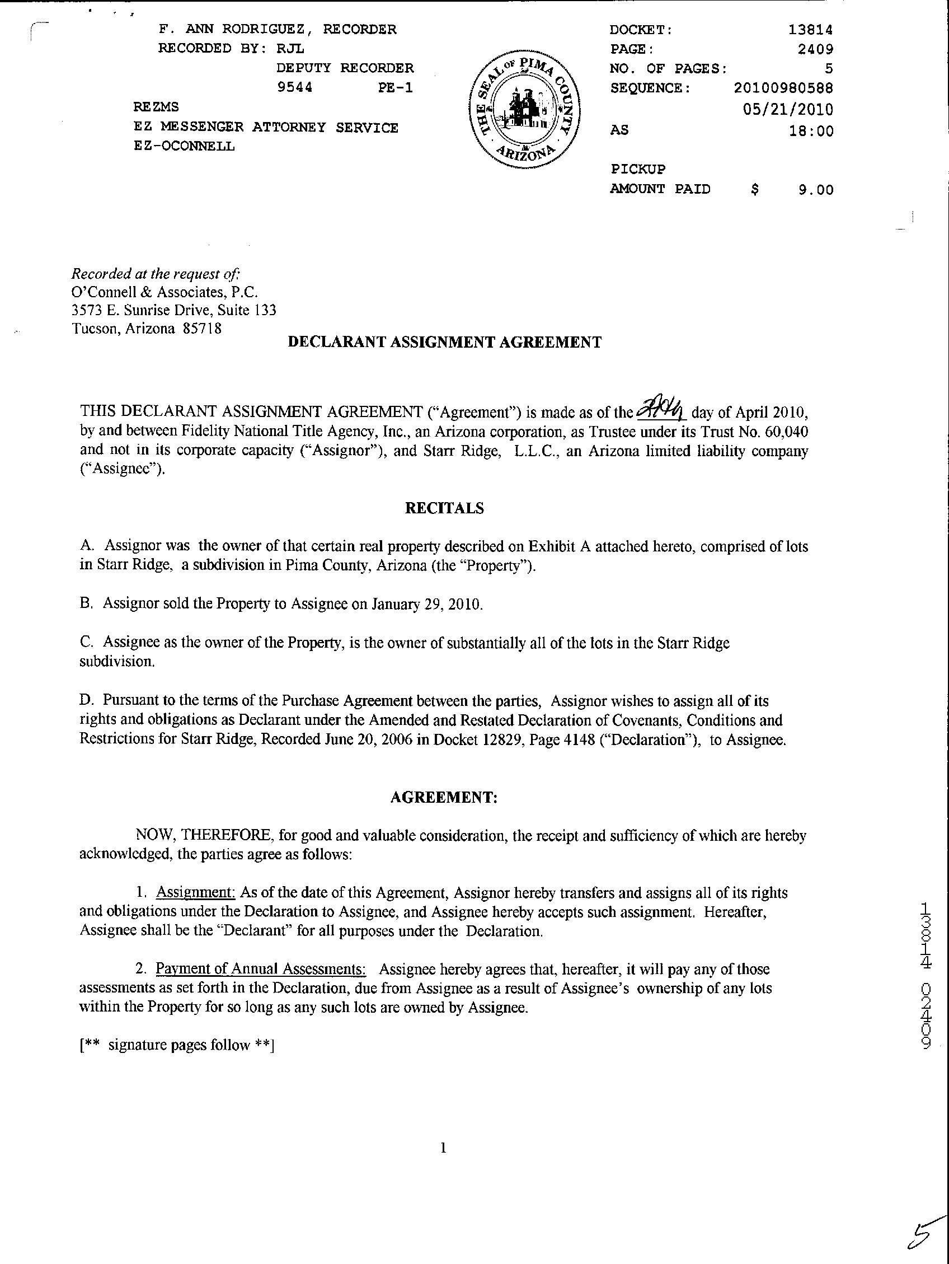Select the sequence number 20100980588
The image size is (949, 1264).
click(x=783, y=88)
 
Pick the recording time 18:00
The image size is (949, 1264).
click(x=811, y=131)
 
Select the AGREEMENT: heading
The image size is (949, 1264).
click(x=444, y=797)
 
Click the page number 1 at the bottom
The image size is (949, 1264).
click(x=443, y=1148)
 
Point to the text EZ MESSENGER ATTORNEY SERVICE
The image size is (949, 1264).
click(x=266, y=128)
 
